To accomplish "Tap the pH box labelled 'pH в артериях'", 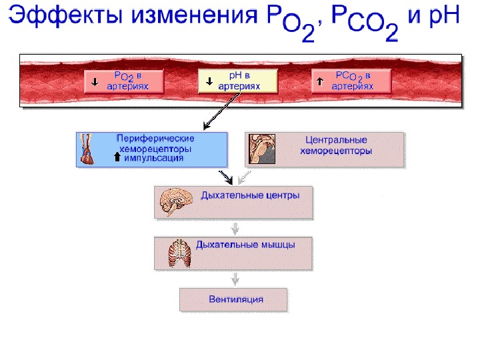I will click(x=238, y=81).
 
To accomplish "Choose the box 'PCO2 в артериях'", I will click(x=351, y=81).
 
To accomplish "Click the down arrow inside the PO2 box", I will click(x=95, y=82).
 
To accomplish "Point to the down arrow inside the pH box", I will click(x=209, y=82).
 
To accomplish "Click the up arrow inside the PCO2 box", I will click(x=320, y=82).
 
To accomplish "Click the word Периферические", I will click(x=155, y=138).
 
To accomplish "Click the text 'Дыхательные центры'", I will click(x=250, y=196).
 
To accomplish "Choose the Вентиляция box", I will click(x=233, y=299).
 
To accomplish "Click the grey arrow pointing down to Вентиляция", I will click(x=233, y=279).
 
